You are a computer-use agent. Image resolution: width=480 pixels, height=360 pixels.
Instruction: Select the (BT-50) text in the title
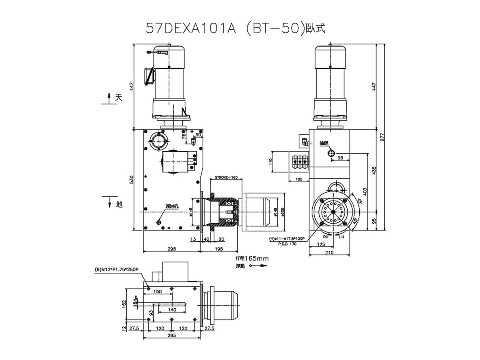274,29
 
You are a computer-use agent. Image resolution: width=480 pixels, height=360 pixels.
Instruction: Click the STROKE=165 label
226,177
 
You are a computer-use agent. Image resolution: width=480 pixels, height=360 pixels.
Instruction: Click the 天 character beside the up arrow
118,98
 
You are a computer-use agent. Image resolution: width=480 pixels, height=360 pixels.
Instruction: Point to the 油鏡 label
324,143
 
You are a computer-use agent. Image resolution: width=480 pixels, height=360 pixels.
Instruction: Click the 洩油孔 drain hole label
172,206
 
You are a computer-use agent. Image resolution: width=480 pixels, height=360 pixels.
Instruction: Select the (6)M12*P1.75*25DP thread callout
117,269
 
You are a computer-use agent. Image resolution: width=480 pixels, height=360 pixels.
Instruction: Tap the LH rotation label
341,237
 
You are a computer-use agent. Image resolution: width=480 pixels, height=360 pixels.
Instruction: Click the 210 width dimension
329,252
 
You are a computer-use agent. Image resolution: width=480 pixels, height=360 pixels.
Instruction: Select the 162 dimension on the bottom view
124,304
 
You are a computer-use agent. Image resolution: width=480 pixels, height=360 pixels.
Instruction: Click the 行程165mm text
252,259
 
